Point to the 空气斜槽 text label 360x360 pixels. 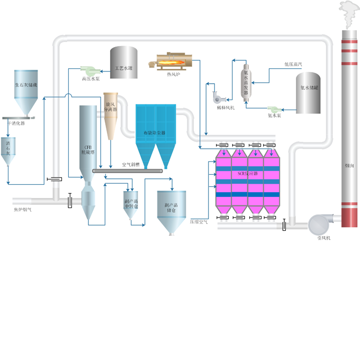pos(130,165)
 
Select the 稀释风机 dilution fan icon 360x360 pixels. pos(217,97)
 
